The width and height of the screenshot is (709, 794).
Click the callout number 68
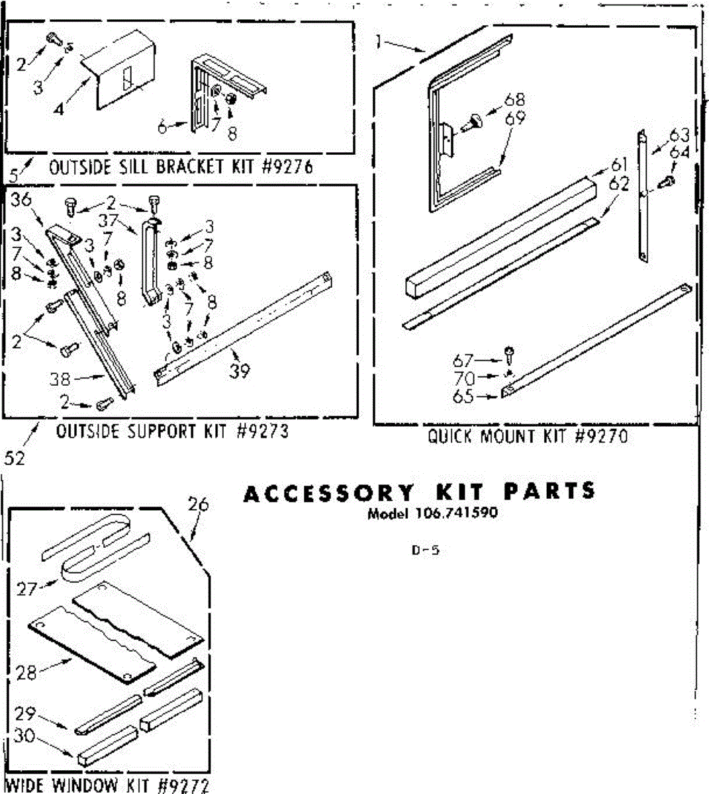click(514, 100)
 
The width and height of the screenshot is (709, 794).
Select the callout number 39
click(240, 371)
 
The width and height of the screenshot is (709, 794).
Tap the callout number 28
click(26, 672)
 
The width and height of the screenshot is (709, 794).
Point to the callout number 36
click(22, 200)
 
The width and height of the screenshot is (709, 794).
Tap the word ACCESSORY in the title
click(328, 493)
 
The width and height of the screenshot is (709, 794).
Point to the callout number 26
click(198, 505)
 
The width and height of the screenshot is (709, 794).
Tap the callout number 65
click(463, 396)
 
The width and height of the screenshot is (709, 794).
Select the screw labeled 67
click(508, 352)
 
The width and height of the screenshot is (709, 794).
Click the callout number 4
click(60, 108)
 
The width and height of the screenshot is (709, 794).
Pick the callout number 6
click(163, 128)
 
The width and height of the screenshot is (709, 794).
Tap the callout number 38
click(60, 379)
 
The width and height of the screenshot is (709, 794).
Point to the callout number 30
click(23, 736)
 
